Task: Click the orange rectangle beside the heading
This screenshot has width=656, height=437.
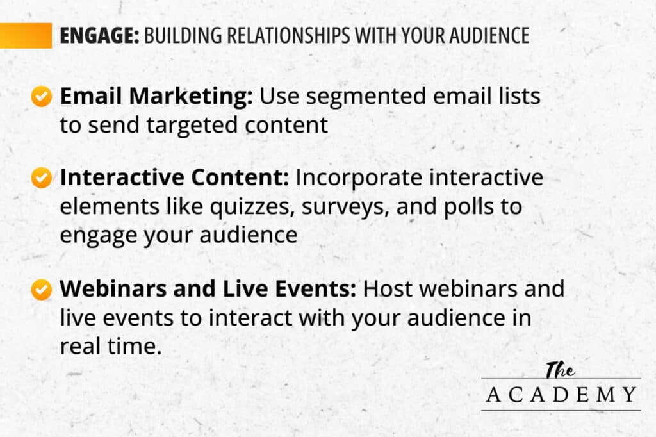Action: [26, 36]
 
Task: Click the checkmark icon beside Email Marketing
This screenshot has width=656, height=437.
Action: [42, 97]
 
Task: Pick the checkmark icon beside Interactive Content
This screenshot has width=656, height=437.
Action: [42, 178]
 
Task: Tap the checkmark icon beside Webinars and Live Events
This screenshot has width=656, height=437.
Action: [42, 290]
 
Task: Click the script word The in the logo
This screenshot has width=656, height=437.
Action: [560, 370]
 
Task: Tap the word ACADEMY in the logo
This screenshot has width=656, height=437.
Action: [561, 395]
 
